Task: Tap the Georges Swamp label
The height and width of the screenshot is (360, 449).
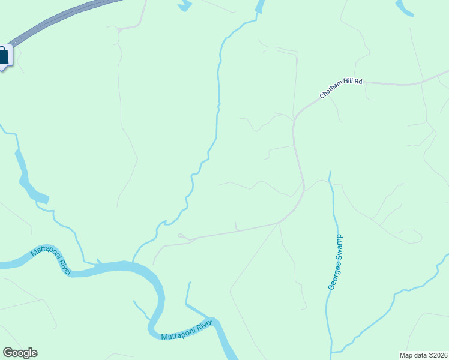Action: (x=335, y=262)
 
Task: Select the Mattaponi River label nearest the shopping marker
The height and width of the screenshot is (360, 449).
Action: (x=51, y=260)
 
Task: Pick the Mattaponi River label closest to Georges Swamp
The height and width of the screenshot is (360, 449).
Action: (x=187, y=330)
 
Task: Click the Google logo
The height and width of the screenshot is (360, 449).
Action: (x=20, y=353)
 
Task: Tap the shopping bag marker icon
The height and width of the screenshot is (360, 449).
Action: (x=3, y=56)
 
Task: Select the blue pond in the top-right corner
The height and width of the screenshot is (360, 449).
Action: (x=406, y=8)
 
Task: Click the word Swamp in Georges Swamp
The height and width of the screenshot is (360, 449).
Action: (x=337, y=245)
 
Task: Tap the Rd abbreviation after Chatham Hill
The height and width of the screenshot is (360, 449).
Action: (x=358, y=80)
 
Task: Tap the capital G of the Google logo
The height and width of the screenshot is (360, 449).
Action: (x=8, y=353)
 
